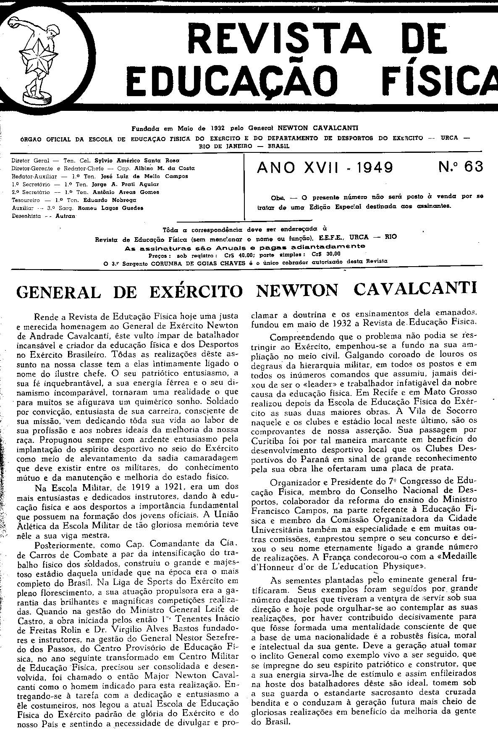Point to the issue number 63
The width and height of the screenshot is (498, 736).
(x=474, y=167)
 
